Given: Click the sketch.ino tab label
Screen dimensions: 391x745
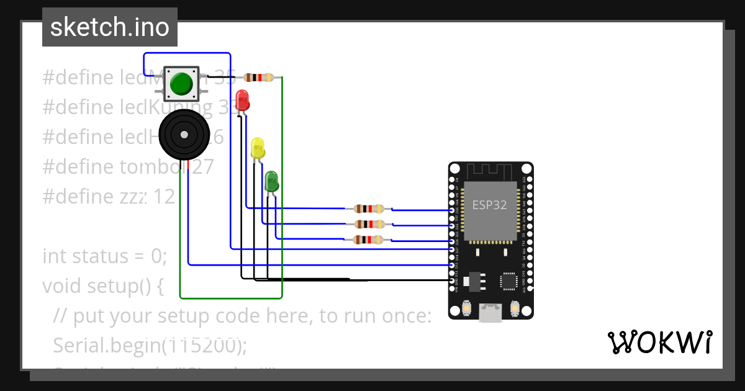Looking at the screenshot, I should tap(109, 27).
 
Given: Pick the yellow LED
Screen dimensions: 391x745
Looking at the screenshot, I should tap(258, 148).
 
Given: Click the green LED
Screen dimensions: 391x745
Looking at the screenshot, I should tap(272, 182).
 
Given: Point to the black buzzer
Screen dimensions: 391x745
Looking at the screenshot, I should tap(183, 135).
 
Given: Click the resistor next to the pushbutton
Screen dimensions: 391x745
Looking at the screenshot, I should tap(258, 78).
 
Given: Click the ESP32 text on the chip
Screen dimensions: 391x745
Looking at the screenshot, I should tap(490, 205).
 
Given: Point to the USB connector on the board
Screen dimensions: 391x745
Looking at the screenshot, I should tap(490, 313).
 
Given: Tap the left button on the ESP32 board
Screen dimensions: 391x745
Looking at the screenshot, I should tap(467, 308).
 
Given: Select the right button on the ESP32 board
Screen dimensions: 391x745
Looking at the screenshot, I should tap(514, 308).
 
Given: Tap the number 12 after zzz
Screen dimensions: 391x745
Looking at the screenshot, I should tap(164, 197).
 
